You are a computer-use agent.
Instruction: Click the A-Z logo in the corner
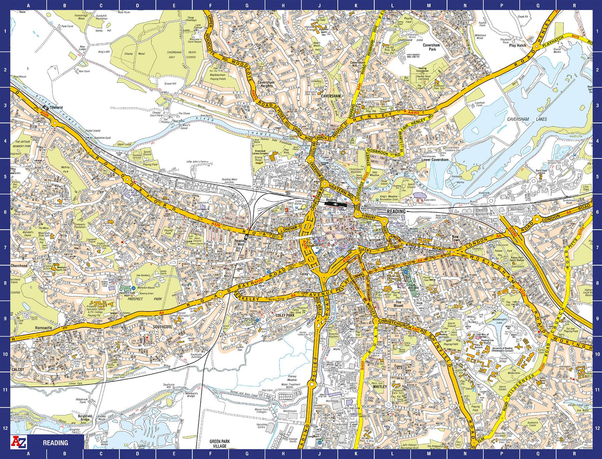(x=18, y=442)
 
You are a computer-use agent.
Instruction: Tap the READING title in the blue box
(x=55, y=443)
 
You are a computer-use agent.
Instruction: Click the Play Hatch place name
(x=517, y=45)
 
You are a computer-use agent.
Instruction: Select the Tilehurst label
(x=56, y=108)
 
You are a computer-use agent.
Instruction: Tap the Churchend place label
(x=19, y=266)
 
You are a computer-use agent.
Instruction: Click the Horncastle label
(x=44, y=328)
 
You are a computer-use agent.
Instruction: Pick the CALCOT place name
(x=18, y=369)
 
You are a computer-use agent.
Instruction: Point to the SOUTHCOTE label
(x=162, y=327)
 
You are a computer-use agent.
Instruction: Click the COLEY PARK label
(x=285, y=316)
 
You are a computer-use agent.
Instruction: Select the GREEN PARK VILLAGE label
(x=220, y=444)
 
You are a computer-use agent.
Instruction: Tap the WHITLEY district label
(x=380, y=386)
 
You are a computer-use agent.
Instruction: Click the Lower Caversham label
(x=435, y=160)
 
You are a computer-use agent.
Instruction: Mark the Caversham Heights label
(x=266, y=84)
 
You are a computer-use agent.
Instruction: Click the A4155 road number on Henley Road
(x=414, y=112)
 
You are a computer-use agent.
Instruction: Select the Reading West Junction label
(x=229, y=181)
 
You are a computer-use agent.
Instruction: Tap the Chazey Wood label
(x=134, y=54)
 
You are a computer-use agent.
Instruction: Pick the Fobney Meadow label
(x=292, y=378)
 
